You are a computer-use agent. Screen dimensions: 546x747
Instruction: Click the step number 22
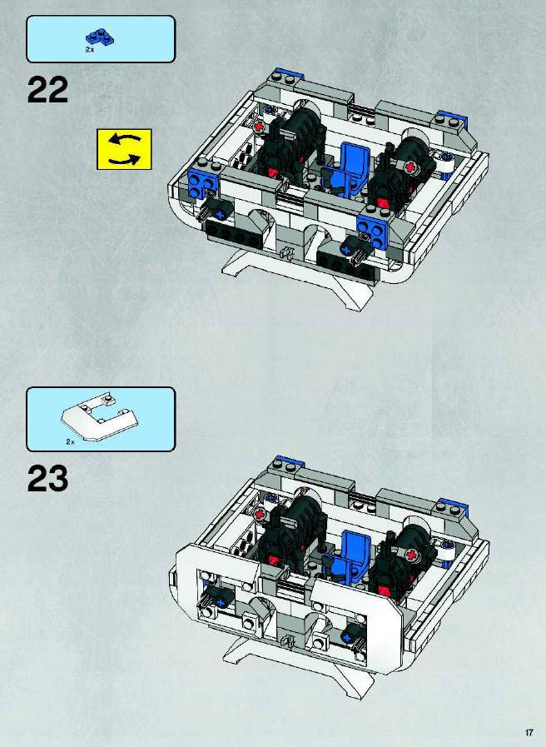point(47,90)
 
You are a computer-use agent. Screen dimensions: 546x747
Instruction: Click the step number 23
point(47,478)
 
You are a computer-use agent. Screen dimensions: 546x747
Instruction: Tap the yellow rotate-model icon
point(124,149)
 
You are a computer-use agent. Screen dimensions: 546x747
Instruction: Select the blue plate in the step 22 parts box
point(102,37)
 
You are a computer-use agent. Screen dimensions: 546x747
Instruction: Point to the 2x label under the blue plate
point(90,49)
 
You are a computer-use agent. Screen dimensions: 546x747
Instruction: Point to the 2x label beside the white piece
point(71,442)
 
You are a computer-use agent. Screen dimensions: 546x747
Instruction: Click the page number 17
point(529,732)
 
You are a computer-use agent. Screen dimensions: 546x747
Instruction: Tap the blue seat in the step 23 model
point(350,555)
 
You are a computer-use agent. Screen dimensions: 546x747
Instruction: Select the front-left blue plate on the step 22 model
point(201,183)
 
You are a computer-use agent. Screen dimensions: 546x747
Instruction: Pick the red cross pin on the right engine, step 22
point(411,167)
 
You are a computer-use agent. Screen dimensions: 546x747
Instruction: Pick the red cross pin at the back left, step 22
point(260,127)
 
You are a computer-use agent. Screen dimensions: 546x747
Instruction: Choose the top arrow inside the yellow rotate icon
point(125,140)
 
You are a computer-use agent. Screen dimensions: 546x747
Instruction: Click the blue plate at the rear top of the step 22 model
point(288,74)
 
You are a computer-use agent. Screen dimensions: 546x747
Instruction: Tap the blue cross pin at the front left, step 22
point(220,215)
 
